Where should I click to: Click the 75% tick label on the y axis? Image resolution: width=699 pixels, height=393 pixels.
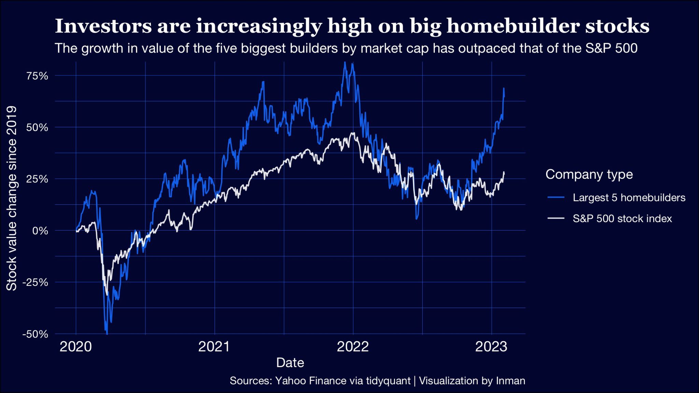[37, 76]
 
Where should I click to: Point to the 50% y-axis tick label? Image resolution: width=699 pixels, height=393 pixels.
[37, 128]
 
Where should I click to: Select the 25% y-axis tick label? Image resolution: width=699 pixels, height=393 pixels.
[37, 179]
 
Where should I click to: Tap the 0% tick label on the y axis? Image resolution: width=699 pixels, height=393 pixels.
[40, 231]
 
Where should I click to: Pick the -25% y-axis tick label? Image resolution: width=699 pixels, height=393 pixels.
[35, 282]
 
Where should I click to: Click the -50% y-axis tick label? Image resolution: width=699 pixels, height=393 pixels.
[35, 334]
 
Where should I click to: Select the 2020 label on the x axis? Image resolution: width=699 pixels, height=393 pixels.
[76, 347]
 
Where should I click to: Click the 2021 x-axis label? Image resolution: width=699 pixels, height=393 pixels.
[214, 347]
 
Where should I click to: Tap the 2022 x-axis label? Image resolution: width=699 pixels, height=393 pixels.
[353, 347]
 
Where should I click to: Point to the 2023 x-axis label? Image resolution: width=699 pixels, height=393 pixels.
[491, 347]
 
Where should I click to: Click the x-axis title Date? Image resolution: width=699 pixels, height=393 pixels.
[290, 363]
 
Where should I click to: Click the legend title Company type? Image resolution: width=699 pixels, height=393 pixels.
[589, 174]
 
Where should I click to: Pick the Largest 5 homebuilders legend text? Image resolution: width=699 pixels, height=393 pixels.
[629, 198]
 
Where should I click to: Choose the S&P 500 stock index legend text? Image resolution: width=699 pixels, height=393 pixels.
[622, 219]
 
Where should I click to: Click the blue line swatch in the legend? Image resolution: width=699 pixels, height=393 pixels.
[556, 198]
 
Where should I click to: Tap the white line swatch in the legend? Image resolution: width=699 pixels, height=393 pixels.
[556, 218]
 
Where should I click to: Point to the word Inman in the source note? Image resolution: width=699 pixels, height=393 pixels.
[511, 381]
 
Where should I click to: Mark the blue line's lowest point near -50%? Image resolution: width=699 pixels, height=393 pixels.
[107, 334]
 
